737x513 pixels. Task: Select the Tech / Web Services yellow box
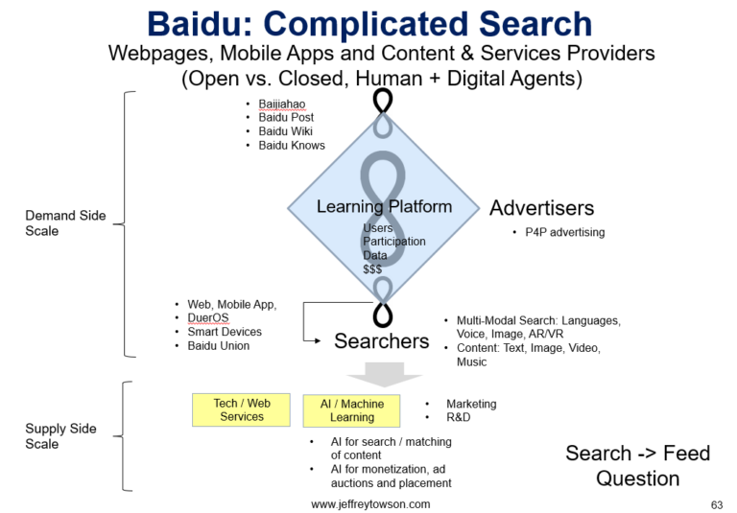pos(241,409)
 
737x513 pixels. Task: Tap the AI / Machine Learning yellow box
pos(351,410)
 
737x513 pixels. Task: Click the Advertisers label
pos(541,208)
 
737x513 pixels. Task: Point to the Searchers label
pos(381,340)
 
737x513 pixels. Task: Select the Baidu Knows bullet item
pos(291,146)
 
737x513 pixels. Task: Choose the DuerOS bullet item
pos(207,318)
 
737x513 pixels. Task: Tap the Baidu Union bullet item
pos(218,346)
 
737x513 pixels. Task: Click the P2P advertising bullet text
pos(565,232)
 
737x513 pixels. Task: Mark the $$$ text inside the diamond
pos(372,269)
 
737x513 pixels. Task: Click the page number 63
pos(716,503)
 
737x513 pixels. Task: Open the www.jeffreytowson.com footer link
pos(370,503)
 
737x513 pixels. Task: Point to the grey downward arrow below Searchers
pos(382,373)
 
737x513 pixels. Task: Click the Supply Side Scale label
pos(60,436)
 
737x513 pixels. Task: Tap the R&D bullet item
pos(459,417)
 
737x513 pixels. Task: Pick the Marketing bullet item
pos(471,404)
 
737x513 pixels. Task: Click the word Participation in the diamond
pos(393,242)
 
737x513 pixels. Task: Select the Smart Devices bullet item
pos(225,332)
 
